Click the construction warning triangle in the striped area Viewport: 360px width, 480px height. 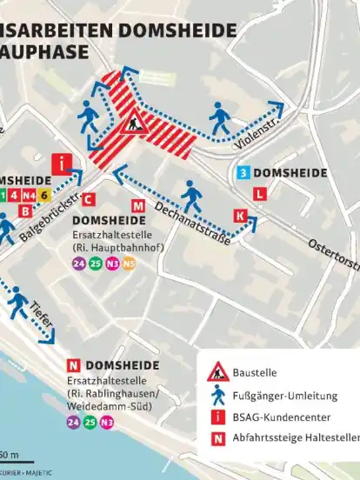133,123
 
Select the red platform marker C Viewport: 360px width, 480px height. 89,200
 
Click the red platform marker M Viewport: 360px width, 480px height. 138,206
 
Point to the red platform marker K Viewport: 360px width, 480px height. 240,215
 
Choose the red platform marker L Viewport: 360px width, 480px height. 259,193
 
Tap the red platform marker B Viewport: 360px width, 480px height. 26,211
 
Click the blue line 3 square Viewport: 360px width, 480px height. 243,172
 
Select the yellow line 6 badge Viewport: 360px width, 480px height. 43,196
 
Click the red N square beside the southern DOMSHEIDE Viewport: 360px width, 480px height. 74,365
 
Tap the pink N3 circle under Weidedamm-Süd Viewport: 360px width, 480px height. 106,423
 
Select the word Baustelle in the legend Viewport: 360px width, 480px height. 256,373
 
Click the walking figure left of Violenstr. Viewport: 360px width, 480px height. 219,118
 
